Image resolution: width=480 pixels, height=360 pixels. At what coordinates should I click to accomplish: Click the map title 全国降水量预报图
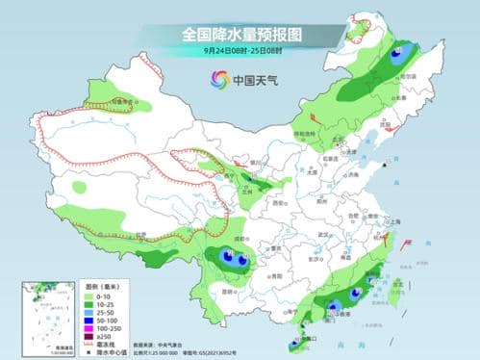(241, 35)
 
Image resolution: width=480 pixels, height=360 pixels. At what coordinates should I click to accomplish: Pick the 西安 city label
(279, 204)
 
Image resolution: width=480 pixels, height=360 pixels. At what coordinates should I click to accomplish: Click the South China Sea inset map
(38, 316)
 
